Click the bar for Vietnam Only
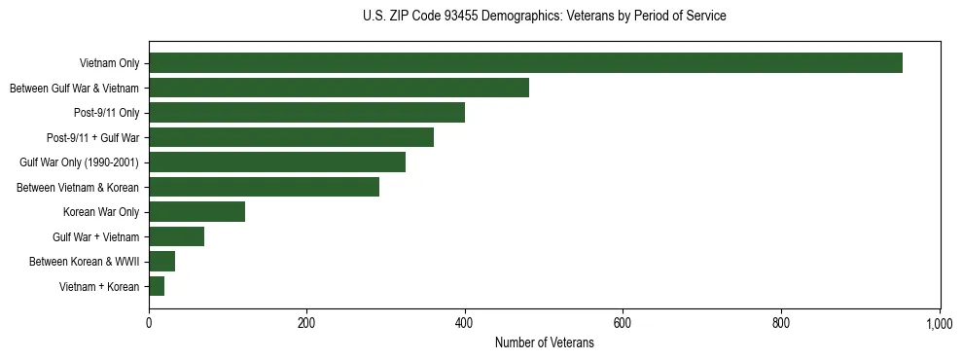[x=525, y=63]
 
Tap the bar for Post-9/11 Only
[x=306, y=113]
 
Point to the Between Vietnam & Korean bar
[x=264, y=187]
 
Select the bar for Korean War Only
[x=196, y=212]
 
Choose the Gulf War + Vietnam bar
[x=176, y=236]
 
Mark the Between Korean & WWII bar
[x=161, y=262]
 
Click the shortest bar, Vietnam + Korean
[x=157, y=286]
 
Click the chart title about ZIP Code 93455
[x=544, y=17]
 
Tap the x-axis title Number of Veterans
[x=544, y=343]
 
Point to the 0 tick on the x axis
[x=149, y=324]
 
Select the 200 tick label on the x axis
[x=306, y=324]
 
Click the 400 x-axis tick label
[x=465, y=324]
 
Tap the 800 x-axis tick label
[x=781, y=324]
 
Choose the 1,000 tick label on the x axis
[x=939, y=324]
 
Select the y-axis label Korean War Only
[x=101, y=212]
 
